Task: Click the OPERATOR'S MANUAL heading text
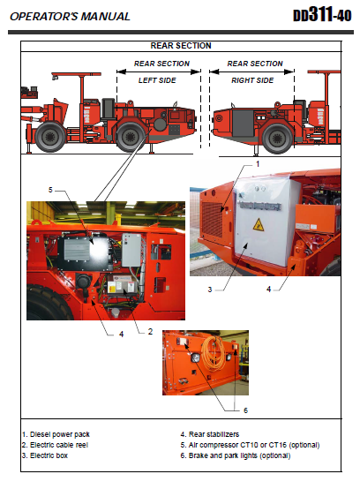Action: point(70,16)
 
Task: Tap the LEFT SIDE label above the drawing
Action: point(157,80)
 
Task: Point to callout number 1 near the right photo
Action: point(258,164)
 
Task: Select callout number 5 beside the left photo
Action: point(51,190)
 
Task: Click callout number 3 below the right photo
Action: point(210,290)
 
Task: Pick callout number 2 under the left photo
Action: point(151,331)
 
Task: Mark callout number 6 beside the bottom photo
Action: point(245,410)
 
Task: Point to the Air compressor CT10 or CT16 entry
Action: point(249,444)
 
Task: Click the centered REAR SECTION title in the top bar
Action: point(181,45)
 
